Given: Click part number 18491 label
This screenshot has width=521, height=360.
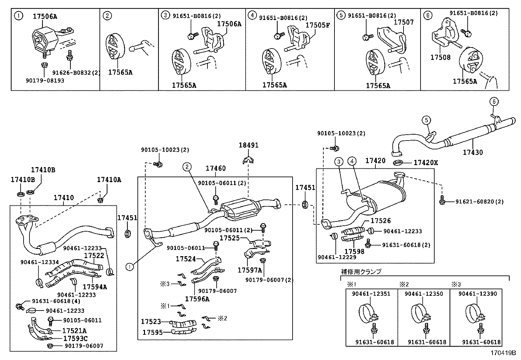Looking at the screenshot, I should [x=248, y=145].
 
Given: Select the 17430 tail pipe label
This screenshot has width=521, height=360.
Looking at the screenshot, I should [x=473, y=152].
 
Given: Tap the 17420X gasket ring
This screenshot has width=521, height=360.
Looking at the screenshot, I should [x=397, y=162].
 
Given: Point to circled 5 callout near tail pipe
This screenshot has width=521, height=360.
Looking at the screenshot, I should [x=426, y=121].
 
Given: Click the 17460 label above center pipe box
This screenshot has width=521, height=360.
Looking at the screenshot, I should [x=216, y=168].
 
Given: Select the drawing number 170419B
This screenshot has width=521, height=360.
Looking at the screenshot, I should [x=502, y=353].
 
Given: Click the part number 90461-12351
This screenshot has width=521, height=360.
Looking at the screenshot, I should [x=371, y=294].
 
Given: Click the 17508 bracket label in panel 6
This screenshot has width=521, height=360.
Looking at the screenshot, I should [x=440, y=58].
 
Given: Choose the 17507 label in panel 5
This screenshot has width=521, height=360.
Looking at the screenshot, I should [x=404, y=22].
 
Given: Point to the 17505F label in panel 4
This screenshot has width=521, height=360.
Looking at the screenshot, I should [x=317, y=25].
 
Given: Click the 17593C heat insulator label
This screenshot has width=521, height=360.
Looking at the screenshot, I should [x=75, y=338].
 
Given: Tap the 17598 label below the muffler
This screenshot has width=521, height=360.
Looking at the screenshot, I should [x=354, y=252].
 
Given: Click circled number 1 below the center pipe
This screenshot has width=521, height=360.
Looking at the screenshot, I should [x=130, y=267].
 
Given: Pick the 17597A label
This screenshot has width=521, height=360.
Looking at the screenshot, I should [x=250, y=270].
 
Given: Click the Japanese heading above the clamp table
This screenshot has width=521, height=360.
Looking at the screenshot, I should [x=361, y=272].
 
